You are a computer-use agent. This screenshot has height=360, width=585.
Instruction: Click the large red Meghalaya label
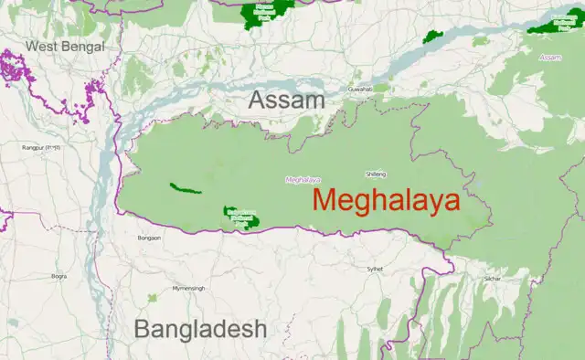[x=386, y=202]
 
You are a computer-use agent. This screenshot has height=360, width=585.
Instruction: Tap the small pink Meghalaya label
[x=303, y=179]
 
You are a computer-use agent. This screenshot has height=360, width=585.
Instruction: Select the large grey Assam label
[x=287, y=101]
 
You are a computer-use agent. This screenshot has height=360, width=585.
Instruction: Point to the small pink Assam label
[x=550, y=58]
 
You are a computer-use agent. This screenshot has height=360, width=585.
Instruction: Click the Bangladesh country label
[x=201, y=329]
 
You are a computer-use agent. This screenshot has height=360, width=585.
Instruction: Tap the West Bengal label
[x=65, y=46]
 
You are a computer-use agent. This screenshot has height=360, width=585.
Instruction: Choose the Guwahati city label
[x=360, y=90]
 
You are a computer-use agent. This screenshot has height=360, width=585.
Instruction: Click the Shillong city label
[x=375, y=173]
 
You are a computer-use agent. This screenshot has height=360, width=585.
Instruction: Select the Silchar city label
[x=494, y=277]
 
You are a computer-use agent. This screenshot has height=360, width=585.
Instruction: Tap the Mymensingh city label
[x=189, y=288]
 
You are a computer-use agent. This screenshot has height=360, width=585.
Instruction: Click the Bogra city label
[x=59, y=275]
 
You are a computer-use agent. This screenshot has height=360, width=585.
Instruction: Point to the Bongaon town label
[x=149, y=238]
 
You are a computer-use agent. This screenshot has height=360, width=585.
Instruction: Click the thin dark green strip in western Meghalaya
[x=185, y=189]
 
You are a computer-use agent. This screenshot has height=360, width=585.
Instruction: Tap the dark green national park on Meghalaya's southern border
[x=241, y=217]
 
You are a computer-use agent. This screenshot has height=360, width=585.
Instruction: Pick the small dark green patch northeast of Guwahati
[x=432, y=37]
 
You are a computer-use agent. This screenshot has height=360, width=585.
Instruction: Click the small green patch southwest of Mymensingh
[x=154, y=297]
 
